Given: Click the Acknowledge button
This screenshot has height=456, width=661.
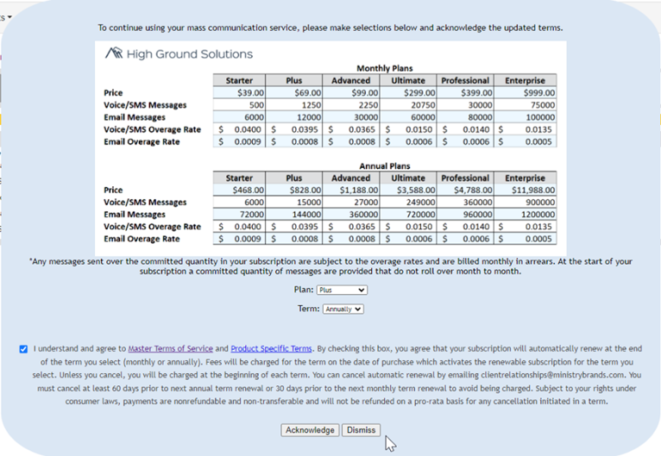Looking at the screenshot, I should [310, 430].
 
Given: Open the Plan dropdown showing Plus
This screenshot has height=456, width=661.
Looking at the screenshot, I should [342, 290].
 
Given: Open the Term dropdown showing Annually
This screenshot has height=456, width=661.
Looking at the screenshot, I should [343, 309].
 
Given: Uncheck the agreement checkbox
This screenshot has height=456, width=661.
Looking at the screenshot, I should [22, 349].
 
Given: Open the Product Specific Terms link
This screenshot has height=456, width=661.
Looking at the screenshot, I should [271, 349].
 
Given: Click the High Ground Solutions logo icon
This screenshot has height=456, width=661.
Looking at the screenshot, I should [114, 53].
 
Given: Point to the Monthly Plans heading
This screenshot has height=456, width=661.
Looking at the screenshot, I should [384, 68].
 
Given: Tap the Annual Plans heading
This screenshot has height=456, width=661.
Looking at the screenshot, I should [384, 166].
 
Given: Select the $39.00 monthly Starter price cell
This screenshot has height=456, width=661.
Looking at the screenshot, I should [239, 93].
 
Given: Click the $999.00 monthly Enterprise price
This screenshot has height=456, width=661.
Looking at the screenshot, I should [525, 93].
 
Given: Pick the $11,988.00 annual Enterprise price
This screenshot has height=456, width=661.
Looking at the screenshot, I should [525, 191].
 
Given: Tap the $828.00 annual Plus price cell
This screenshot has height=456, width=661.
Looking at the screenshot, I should [294, 191].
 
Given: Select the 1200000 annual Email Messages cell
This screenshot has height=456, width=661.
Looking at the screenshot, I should [525, 215].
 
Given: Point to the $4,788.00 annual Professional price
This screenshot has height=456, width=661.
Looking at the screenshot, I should [465, 191].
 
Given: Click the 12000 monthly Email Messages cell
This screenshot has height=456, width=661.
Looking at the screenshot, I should [294, 117].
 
